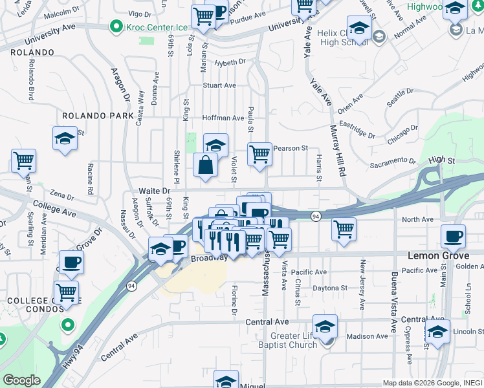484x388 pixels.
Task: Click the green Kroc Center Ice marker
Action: tap(116, 27)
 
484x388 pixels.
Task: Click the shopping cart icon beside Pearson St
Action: tap(259, 155)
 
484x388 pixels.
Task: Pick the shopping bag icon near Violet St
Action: tap(205, 164)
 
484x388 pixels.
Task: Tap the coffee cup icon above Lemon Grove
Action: tap(453, 236)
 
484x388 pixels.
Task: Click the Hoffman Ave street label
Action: tap(223, 118)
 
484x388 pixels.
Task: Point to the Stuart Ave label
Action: tap(219, 85)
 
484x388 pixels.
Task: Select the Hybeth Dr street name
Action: tap(231, 62)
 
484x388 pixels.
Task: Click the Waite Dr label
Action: tap(154, 191)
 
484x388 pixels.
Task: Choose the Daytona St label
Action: tap(331, 288)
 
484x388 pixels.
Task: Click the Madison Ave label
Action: tap(366, 336)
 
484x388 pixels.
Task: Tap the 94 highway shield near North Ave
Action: tap(315, 215)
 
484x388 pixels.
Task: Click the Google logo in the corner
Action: tap(22, 380)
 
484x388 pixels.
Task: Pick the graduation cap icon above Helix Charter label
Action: tap(358, 28)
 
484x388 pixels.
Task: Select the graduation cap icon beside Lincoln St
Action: tap(438, 332)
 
